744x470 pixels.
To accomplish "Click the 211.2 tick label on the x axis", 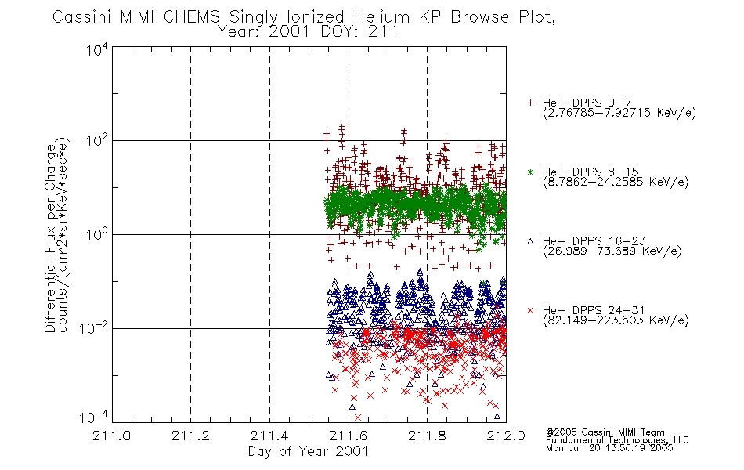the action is (x=190, y=436).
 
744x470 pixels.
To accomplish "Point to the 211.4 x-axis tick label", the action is (x=269, y=436).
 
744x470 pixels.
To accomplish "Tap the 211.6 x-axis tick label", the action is (x=349, y=436).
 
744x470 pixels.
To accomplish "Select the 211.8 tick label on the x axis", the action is (x=427, y=436).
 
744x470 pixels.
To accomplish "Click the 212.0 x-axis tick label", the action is (x=506, y=436).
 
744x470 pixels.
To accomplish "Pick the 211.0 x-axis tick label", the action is (x=111, y=436).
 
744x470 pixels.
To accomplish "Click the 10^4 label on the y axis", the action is (x=97, y=50).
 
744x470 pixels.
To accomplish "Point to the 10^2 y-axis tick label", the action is (x=97, y=140).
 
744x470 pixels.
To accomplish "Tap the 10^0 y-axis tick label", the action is (x=97, y=234).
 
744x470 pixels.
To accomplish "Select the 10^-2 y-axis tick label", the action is (x=94, y=327).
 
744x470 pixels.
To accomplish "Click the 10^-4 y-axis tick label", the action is (x=94, y=418).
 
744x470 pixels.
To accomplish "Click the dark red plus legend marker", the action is (x=530, y=103).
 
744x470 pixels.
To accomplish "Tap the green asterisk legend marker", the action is (x=530, y=172).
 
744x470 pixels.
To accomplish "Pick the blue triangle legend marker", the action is (x=530, y=241).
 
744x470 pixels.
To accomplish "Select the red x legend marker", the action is (x=530, y=310).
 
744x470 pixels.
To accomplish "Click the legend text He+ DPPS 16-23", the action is (x=594, y=240).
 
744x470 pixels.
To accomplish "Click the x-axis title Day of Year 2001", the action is (x=309, y=451).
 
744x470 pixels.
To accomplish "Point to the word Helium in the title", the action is (x=381, y=16).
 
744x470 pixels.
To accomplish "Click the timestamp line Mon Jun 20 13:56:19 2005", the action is (x=609, y=448).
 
